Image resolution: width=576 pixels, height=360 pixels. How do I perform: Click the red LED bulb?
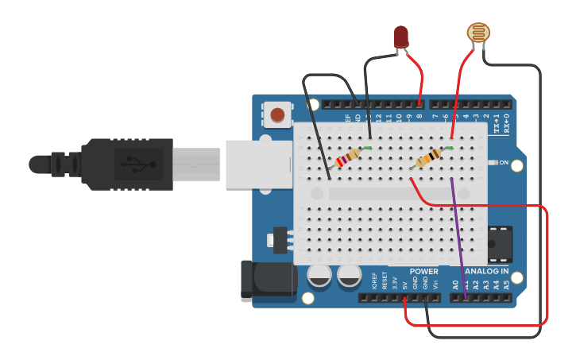click(400, 36)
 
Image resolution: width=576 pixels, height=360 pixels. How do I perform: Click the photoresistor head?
click(477, 33)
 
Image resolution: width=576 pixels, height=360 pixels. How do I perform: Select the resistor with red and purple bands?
click(348, 157)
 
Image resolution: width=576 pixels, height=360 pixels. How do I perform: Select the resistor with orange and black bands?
click(429, 158)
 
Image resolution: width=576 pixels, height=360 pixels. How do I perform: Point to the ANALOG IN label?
click(481, 272)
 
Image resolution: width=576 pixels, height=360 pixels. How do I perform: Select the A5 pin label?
click(506, 284)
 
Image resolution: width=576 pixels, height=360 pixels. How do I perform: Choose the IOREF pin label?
click(374, 281)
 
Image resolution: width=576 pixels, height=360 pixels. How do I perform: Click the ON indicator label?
click(504, 163)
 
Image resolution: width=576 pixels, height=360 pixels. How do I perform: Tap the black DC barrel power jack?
click(266, 281)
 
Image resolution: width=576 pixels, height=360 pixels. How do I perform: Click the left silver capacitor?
click(319, 275)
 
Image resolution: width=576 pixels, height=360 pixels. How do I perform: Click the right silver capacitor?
click(349, 275)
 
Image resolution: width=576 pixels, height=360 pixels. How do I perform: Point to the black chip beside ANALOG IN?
click(500, 244)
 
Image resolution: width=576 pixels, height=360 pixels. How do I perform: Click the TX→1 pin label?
click(497, 123)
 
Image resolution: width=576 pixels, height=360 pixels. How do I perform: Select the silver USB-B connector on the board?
click(253, 165)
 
